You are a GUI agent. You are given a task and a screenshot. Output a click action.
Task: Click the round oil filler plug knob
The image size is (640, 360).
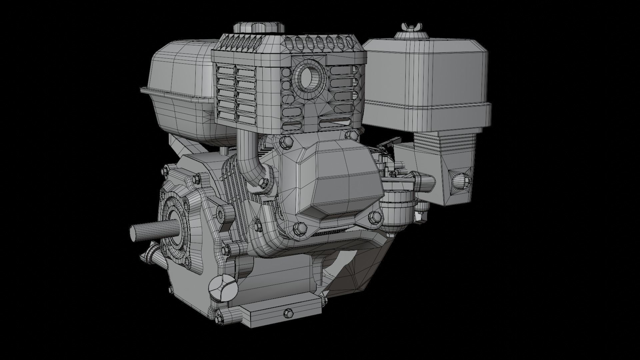click(222, 288)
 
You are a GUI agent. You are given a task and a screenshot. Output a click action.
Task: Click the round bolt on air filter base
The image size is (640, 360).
click(460, 181)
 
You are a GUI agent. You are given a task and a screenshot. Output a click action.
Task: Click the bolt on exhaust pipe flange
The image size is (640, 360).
click(263, 182)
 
